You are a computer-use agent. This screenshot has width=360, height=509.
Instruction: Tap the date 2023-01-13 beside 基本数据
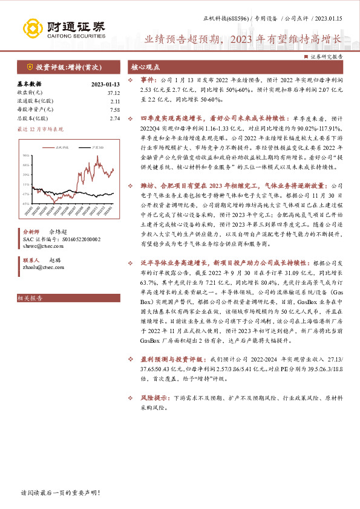click(106, 84)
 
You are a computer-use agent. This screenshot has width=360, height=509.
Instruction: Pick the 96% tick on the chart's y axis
click(27, 154)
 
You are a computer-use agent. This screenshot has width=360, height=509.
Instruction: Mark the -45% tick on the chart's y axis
click(27, 204)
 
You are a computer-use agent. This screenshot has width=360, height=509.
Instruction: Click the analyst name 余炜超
click(59, 232)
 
